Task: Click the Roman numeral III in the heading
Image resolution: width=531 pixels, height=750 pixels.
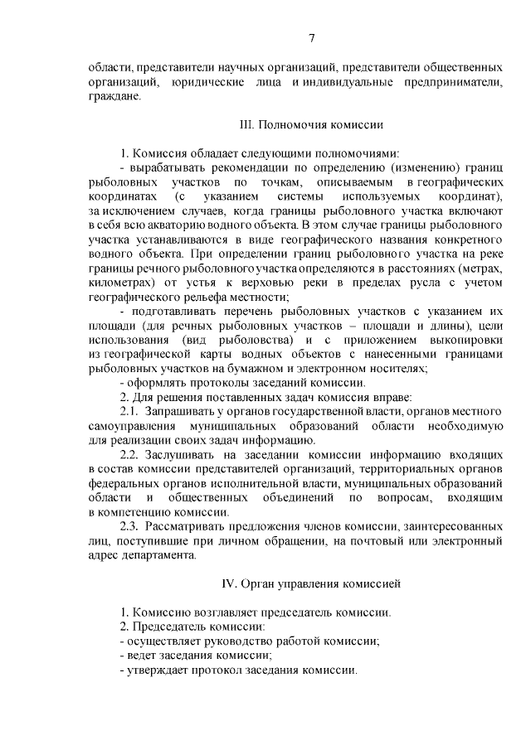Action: point(246,126)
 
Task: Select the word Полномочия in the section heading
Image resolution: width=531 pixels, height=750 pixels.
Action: point(288,126)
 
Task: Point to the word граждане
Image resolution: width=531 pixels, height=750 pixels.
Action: point(114,96)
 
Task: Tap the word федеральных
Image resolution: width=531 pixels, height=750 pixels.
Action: point(123,484)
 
